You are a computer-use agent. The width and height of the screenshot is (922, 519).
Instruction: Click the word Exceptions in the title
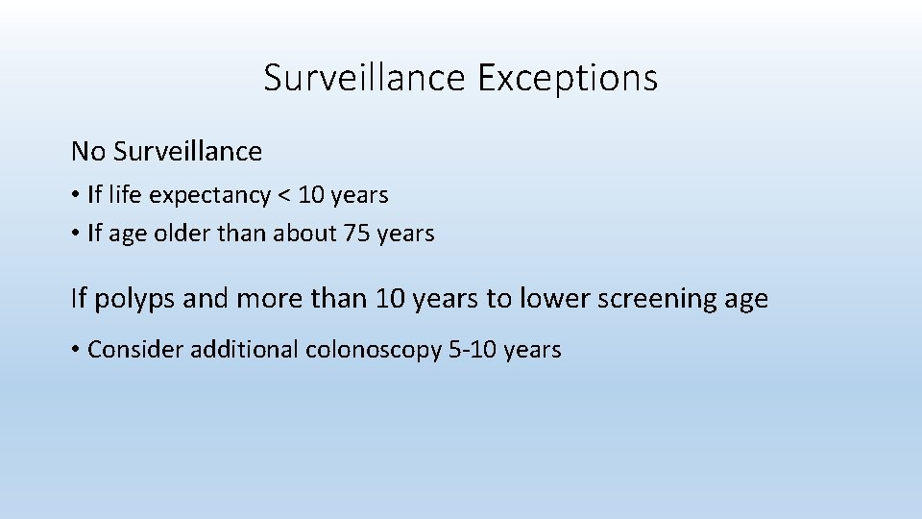pos(567,78)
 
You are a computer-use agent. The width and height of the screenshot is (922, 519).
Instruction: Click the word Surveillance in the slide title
pos(365,78)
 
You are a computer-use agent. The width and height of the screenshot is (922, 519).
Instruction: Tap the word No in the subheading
pos(88,152)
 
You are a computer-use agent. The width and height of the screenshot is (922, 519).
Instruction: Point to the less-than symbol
pos(283,196)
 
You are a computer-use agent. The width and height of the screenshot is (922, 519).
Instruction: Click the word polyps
pos(131,299)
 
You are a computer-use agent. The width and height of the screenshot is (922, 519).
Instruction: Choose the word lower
pos(554,299)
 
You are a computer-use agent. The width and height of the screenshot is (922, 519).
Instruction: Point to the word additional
pos(245,350)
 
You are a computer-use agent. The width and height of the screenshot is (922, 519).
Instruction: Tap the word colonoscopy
pos(375,351)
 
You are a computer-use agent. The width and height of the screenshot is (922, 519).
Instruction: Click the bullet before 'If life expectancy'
pos(75,196)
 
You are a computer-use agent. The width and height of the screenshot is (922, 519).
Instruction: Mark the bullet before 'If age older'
pos(75,234)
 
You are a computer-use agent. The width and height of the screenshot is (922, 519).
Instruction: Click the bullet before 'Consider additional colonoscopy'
pos(75,350)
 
